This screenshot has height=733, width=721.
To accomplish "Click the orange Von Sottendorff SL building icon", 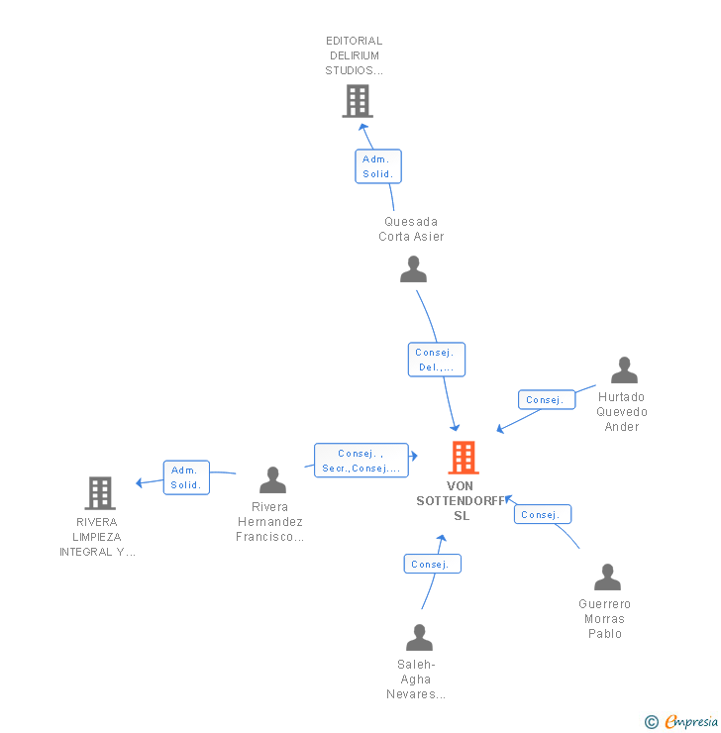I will coord(463,458).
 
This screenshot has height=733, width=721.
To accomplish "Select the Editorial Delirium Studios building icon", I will coord(357,101).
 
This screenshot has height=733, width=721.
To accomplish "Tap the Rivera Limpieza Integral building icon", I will coord(99,492).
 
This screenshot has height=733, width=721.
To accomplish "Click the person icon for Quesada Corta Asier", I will coord(413,268).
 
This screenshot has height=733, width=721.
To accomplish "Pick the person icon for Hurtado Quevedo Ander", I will coord(624,370).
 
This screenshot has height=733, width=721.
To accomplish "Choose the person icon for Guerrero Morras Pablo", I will coord(607,577).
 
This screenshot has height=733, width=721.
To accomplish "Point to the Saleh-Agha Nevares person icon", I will coord(419,637).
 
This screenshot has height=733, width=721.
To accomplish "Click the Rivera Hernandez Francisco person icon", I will coord(272,480).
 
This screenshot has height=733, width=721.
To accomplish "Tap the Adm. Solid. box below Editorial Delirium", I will coord(378,166).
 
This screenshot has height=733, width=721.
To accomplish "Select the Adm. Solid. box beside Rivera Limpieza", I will coord(186,477).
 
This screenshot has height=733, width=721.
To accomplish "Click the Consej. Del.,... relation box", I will coord(436,360).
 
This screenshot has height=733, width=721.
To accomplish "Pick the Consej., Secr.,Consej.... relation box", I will coord(360,461).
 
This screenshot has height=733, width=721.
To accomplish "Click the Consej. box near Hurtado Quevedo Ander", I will coord(546,400).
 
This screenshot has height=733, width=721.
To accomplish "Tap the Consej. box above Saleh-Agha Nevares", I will coord(432,564).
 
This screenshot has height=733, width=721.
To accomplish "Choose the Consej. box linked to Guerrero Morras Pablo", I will coord(542,515).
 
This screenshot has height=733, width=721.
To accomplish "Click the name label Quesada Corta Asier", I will coord(411,229).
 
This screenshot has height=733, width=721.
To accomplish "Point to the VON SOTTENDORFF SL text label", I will coord(461,500).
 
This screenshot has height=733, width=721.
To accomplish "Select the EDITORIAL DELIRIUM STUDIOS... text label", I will coord(354,55).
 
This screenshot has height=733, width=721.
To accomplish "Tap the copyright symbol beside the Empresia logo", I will coord(652,722).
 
